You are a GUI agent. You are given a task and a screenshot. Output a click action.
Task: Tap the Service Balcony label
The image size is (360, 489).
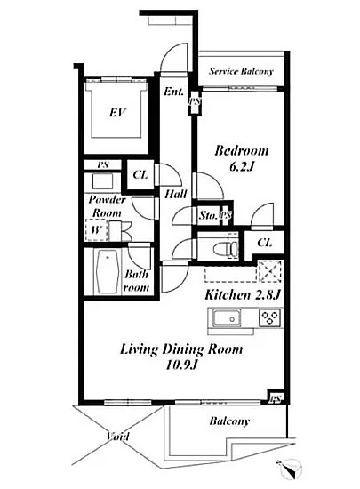240,72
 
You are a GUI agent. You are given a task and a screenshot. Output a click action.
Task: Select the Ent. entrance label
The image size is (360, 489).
172,92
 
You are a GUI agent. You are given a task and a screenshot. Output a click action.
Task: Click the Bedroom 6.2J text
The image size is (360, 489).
241,158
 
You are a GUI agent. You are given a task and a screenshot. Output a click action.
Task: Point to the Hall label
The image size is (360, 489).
173,193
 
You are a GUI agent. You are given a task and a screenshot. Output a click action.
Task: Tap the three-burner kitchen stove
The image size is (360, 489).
270,317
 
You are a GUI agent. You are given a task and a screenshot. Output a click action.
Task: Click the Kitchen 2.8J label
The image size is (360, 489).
243,294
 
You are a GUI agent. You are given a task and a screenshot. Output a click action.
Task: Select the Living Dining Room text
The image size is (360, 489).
181,349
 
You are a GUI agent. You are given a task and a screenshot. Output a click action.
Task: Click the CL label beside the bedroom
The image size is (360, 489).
265,242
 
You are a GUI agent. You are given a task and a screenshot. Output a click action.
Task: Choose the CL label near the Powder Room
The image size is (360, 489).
140,175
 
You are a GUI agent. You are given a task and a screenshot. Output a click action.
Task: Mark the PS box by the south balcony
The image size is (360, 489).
276,398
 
